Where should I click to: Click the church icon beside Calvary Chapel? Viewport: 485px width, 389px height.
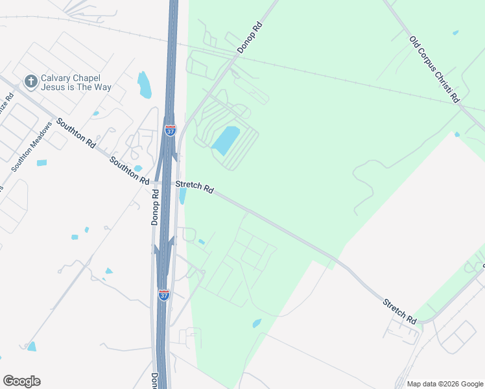[x=30, y=81]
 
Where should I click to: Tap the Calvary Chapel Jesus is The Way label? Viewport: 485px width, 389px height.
[x=76, y=82]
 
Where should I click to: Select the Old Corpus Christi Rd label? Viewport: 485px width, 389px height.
[x=434, y=69]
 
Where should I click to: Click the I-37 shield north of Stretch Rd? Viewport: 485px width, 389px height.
[x=170, y=131]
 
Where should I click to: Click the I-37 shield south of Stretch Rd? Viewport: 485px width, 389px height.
[x=164, y=296]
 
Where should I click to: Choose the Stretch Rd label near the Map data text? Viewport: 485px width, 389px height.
[x=399, y=311]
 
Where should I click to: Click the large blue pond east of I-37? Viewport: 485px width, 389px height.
[x=226, y=140]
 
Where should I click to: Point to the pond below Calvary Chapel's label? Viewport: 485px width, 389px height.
[x=144, y=85]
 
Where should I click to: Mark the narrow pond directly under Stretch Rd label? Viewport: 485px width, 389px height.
[x=183, y=196]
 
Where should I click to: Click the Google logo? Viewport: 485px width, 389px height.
[x=21, y=381]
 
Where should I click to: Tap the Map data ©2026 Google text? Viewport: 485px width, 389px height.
[x=444, y=384]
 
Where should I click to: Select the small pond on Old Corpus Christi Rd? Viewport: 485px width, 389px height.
[x=455, y=32]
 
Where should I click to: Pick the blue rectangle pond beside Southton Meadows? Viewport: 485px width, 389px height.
[x=41, y=162]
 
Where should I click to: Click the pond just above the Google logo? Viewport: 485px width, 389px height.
[x=32, y=346]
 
